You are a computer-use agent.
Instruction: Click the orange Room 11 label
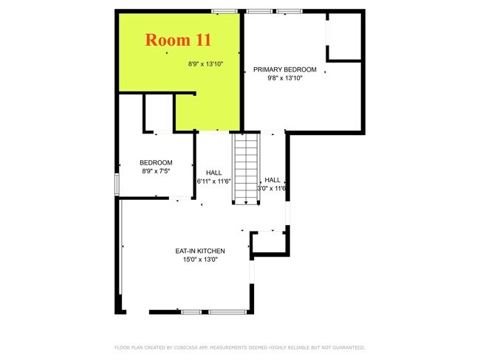(x=173, y=39)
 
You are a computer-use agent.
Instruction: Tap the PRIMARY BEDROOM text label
(x=285, y=69)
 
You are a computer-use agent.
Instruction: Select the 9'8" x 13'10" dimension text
(x=285, y=77)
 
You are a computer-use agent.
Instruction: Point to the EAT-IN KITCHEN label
(x=200, y=251)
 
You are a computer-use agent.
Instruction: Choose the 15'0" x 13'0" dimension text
(x=200, y=259)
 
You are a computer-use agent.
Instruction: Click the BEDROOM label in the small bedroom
(x=156, y=163)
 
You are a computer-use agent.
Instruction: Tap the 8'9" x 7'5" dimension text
(x=156, y=171)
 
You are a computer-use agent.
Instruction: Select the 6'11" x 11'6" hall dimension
(x=214, y=181)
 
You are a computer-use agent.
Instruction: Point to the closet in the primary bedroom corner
(x=344, y=37)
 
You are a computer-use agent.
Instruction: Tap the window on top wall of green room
(x=224, y=10)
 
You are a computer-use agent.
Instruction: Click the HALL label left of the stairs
(x=214, y=173)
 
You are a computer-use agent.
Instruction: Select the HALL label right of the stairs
(x=272, y=180)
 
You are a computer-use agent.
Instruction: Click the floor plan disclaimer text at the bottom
(x=239, y=347)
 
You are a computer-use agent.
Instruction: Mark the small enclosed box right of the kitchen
(x=268, y=243)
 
